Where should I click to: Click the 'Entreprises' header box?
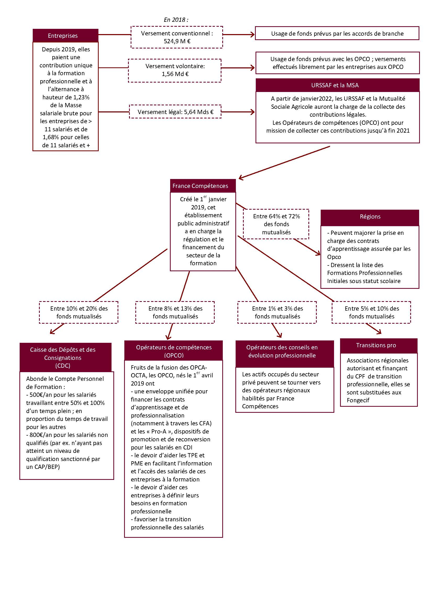pos(65,35)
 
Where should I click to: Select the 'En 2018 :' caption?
pos(176,20)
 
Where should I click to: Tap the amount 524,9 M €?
pos(177,41)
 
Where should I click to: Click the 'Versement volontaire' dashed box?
pos(175,70)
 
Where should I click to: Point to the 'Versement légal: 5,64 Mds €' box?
pos(175,112)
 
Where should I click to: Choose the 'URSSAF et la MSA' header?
pos(337,85)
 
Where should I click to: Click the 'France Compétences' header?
pos(203,186)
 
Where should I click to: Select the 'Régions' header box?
pos(370,217)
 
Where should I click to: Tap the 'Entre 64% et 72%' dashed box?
pos(276,224)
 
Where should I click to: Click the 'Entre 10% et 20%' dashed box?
pos(79,312)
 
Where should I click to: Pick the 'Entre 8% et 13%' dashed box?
pos(175,312)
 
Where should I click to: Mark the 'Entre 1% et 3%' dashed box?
pos(277,312)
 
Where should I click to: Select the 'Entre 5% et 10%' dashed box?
pos(371,312)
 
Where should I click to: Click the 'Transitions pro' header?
pos(379,345)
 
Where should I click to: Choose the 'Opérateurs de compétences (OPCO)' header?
pos(173,351)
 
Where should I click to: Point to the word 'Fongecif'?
pos(358,400)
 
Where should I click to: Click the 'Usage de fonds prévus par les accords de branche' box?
pos(337,33)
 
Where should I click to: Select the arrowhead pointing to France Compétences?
pos(241,177)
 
